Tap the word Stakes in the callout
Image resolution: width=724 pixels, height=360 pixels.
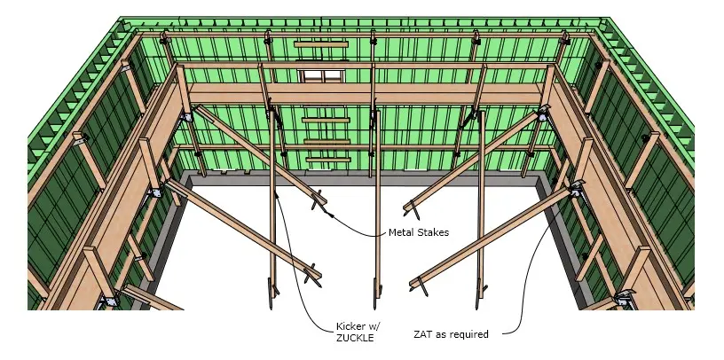433,232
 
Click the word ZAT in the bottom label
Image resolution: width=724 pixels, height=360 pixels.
422,333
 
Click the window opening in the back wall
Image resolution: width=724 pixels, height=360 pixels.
321,75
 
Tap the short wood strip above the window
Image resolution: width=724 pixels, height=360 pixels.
321,44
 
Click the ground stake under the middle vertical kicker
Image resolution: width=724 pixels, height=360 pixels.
376,293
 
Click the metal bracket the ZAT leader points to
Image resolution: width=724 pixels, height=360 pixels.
576,189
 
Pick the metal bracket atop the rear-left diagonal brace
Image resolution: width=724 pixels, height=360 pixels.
187,116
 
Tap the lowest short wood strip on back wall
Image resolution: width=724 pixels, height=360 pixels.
328,160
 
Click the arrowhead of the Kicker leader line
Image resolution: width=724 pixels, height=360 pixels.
277,195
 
